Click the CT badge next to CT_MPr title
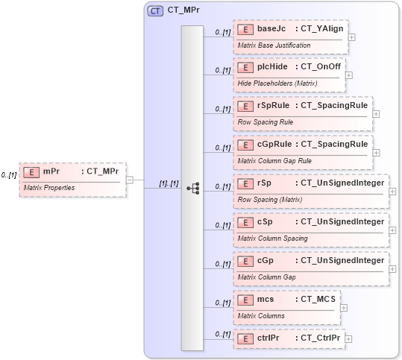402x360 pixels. (155, 11)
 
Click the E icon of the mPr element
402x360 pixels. (31, 171)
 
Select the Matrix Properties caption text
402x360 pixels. (49, 187)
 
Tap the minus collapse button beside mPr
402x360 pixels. (130, 179)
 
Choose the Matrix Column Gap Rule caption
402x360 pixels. (274, 160)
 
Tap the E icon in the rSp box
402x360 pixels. (245, 183)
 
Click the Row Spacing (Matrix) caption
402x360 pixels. (269, 199)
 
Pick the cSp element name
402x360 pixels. (265, 222)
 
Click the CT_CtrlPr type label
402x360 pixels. (319, 338)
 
